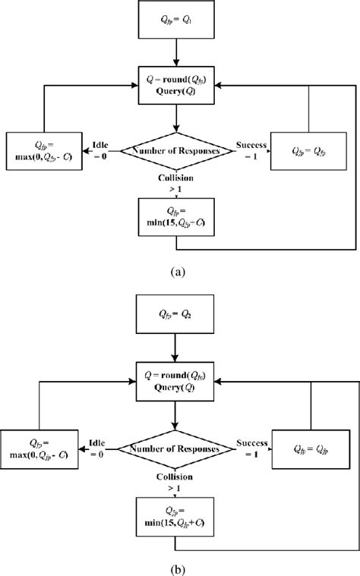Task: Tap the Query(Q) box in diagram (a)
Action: tap(176, 81)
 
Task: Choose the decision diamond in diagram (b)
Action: tap(176, 449)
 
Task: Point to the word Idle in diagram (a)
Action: tap(101, 143)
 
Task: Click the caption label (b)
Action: tap(176, 565)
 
